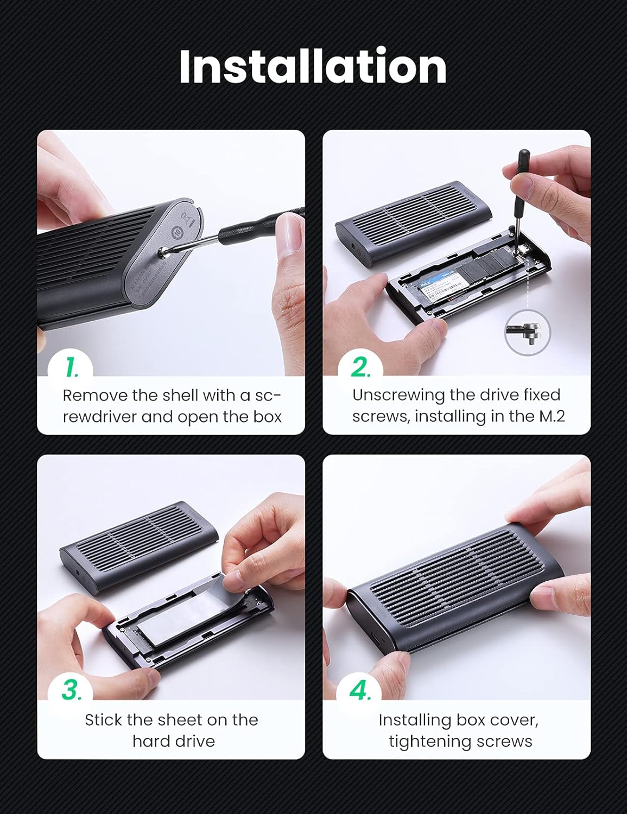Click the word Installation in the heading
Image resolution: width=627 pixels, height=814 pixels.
tap(313, 66)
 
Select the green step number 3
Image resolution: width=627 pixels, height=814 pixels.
tap(71, 691)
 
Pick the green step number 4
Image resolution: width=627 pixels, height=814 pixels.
tap(360, 691)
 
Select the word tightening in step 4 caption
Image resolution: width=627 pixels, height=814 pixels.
tap(429, 741)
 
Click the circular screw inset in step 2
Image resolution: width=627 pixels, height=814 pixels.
tap(527, 332)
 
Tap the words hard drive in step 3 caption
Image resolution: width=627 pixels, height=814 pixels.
tap(174, 741)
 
